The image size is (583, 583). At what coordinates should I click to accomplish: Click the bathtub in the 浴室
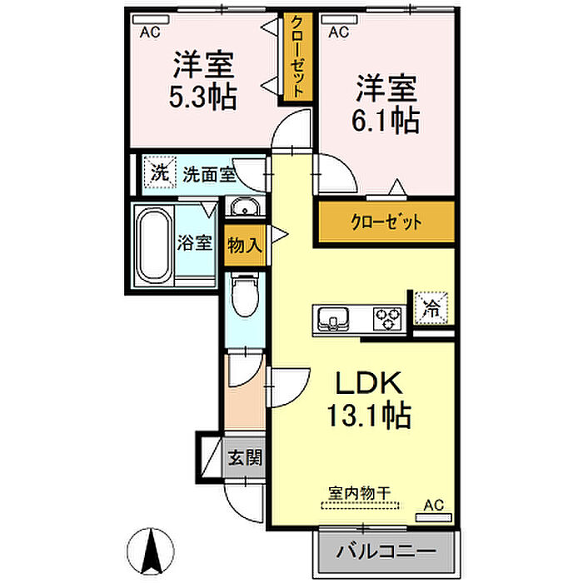click(x=154, y=246)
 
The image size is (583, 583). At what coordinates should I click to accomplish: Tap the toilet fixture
click(x=245, y=295)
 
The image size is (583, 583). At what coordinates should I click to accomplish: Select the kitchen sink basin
click(x=333, y=319)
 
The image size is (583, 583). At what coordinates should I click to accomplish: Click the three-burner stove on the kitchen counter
click(x=388, y=319)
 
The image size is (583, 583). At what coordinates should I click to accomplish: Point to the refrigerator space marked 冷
click(x=431, y=308)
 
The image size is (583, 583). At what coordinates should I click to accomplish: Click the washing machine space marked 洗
click(x=160, y=172)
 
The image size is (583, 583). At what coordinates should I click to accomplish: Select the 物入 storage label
click(x=245, y=245)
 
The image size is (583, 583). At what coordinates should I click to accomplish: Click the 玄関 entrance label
click(x=245, y=457)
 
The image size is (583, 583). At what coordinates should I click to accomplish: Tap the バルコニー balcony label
click(x=386, y=551)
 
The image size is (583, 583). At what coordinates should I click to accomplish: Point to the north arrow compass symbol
click(x=151, y=551)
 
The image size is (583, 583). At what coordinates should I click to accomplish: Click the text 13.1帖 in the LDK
click(x=369, y=415)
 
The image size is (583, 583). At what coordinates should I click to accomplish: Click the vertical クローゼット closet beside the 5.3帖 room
click(x=297, y=57)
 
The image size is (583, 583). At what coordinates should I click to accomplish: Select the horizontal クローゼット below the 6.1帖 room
click(x=386, y=222)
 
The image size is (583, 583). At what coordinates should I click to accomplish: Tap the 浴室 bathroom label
click(x=194, y=242)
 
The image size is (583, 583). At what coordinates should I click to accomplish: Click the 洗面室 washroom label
click(x=209, y=174)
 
